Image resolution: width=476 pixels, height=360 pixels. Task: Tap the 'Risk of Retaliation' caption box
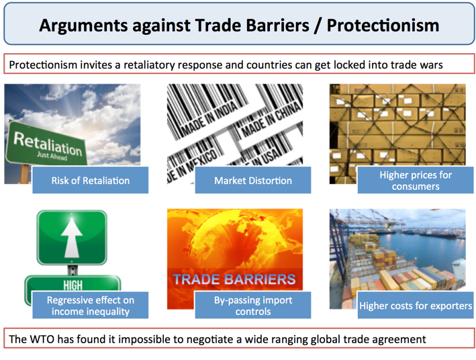pos(90,180)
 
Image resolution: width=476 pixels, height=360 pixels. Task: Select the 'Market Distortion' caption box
pos(253,180)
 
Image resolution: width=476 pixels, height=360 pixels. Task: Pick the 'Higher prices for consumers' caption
pos(416,180)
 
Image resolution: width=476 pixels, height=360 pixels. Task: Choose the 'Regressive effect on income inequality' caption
pos(90,306)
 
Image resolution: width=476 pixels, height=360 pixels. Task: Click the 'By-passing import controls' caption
pos(253,306)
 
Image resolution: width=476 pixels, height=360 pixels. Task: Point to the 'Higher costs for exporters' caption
pos(416,306)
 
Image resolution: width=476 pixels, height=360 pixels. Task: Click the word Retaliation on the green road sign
pos(46,143)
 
